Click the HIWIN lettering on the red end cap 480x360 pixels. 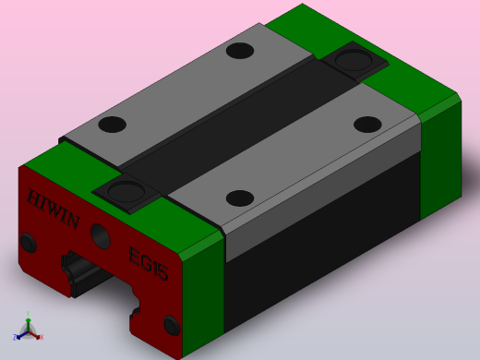[x=54, y=209]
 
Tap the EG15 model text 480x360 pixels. [x=149, y=264]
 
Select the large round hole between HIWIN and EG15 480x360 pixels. [x=101, y=236]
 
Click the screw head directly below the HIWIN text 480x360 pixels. [x=28, y=243]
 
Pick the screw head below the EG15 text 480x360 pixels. [x=172, y=325]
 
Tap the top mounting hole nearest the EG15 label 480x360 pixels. [x=240, y=198]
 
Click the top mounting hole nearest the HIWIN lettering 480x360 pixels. [x=112, y=125]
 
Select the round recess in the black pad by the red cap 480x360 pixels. [x=126, y=191]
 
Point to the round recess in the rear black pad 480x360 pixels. [x=354, y=60]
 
